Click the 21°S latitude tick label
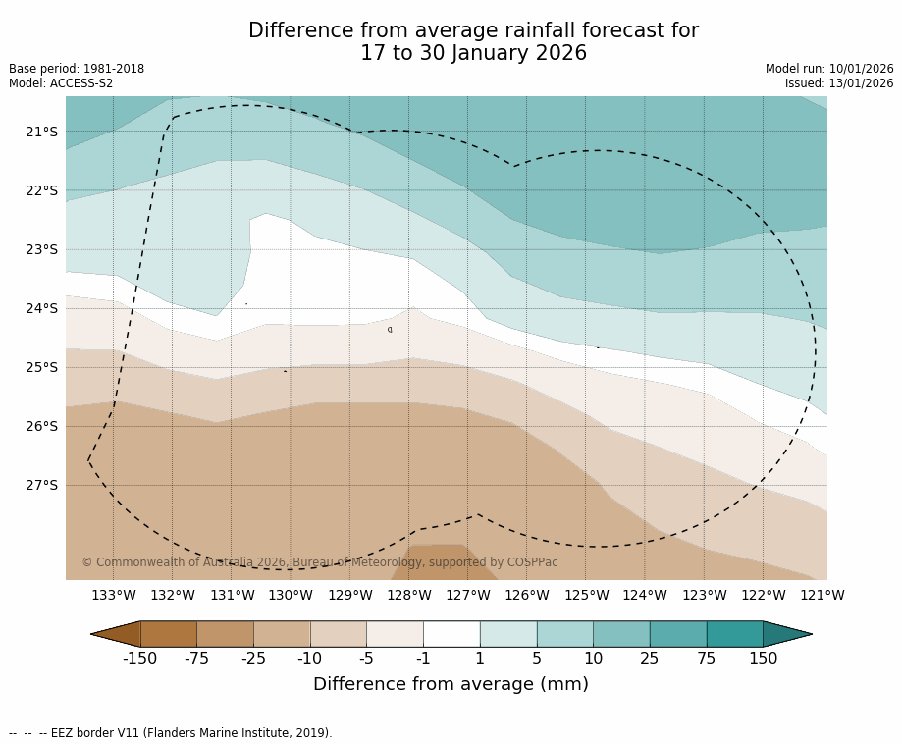41,132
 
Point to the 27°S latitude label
41,485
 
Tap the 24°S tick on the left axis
41,308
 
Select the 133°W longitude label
113,595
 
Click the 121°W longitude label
822,595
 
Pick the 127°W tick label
467,595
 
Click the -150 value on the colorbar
139,659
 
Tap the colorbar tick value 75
707,659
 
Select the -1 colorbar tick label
423,659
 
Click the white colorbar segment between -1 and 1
451,634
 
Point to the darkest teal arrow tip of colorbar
787,634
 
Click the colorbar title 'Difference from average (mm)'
451,685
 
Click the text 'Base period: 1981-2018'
77,69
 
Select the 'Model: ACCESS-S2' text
61,83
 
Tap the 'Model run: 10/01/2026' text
829,69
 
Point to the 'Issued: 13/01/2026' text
839,83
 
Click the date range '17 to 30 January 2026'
473,54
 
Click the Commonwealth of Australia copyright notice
320,562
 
